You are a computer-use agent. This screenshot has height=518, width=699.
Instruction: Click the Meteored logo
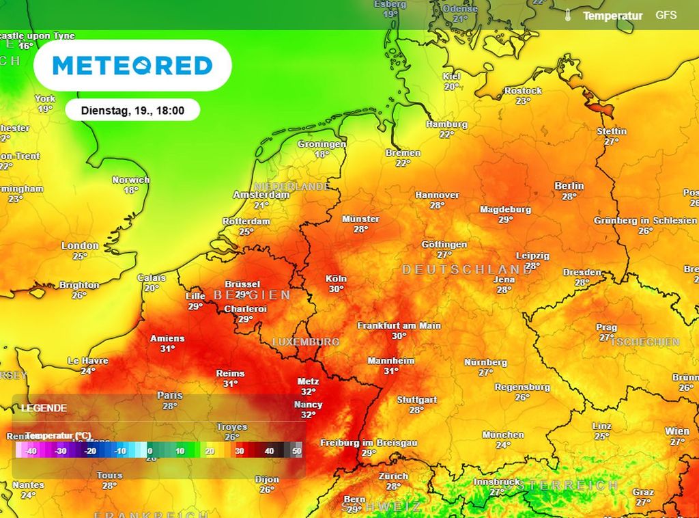[x=132, y=66]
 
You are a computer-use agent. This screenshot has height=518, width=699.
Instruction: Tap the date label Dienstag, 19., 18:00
[x=132, y=109]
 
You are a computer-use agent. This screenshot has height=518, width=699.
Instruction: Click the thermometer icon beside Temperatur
[x=568, y=16]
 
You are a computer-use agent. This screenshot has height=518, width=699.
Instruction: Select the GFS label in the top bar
[x=666, y=15]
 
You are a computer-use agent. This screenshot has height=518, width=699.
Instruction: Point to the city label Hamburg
[x=446, y=124]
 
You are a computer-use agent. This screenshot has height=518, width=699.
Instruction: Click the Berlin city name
[x=569, y=186]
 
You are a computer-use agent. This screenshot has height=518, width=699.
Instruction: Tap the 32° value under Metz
[x=309, y=392]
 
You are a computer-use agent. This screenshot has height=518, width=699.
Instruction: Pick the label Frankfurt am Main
[x=399, y=326]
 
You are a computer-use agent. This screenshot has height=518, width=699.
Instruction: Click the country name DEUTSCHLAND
[x=467, y=270]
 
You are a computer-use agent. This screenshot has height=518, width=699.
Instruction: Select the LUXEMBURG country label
[x=306, y=341]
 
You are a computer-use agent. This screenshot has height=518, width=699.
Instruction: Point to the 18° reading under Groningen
[x=322, y=154]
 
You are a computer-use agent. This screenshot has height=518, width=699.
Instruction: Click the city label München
[x=503, y=435]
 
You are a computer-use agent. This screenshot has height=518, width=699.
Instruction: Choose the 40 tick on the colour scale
[x=270, y=451]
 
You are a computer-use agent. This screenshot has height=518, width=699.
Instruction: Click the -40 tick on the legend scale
[x=31, y=451]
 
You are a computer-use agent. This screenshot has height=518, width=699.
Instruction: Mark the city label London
[x=80, y=245]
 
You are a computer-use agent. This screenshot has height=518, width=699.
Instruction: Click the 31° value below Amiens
[x=167, y=349]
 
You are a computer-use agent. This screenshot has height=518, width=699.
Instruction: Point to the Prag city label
[x=606, y=327]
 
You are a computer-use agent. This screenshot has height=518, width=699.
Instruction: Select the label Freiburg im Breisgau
[x=369, y=443]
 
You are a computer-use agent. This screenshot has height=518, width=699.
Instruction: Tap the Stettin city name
[x=611, y=131]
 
